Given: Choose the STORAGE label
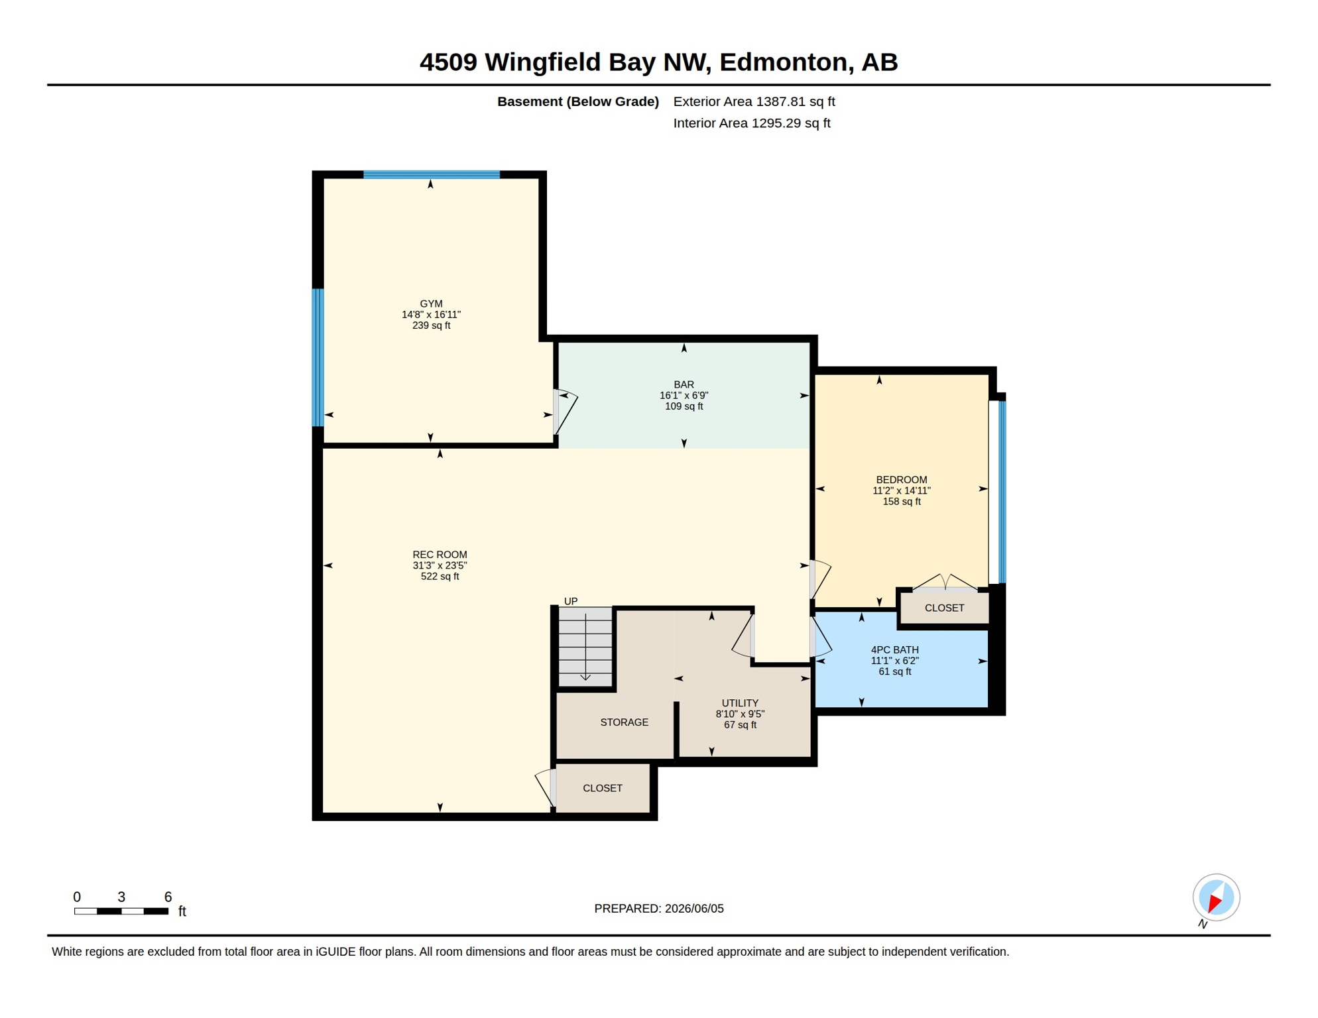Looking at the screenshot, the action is pyautogui.click(x=624, y=722).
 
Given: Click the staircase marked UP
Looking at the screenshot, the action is pyautogui.click(x=585, y=647).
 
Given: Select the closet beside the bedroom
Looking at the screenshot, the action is pyautogui.click(x=944, y=607).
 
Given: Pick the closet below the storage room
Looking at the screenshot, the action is pyautogui.click(x=603, y=788).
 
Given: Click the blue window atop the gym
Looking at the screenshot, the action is pyautogui.click(x=431, y=175).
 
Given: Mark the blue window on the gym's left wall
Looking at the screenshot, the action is pyautogui.click(x=318, y=357).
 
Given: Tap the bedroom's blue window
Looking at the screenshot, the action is pyautogui.click(x=1002, y=492).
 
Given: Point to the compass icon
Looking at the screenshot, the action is pyautogui.click(x=1216, y=897).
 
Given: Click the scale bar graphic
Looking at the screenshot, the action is pyautogui.click(x=121, y=911).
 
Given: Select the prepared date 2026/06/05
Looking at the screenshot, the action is pyautogui.click(x=694, y=909).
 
